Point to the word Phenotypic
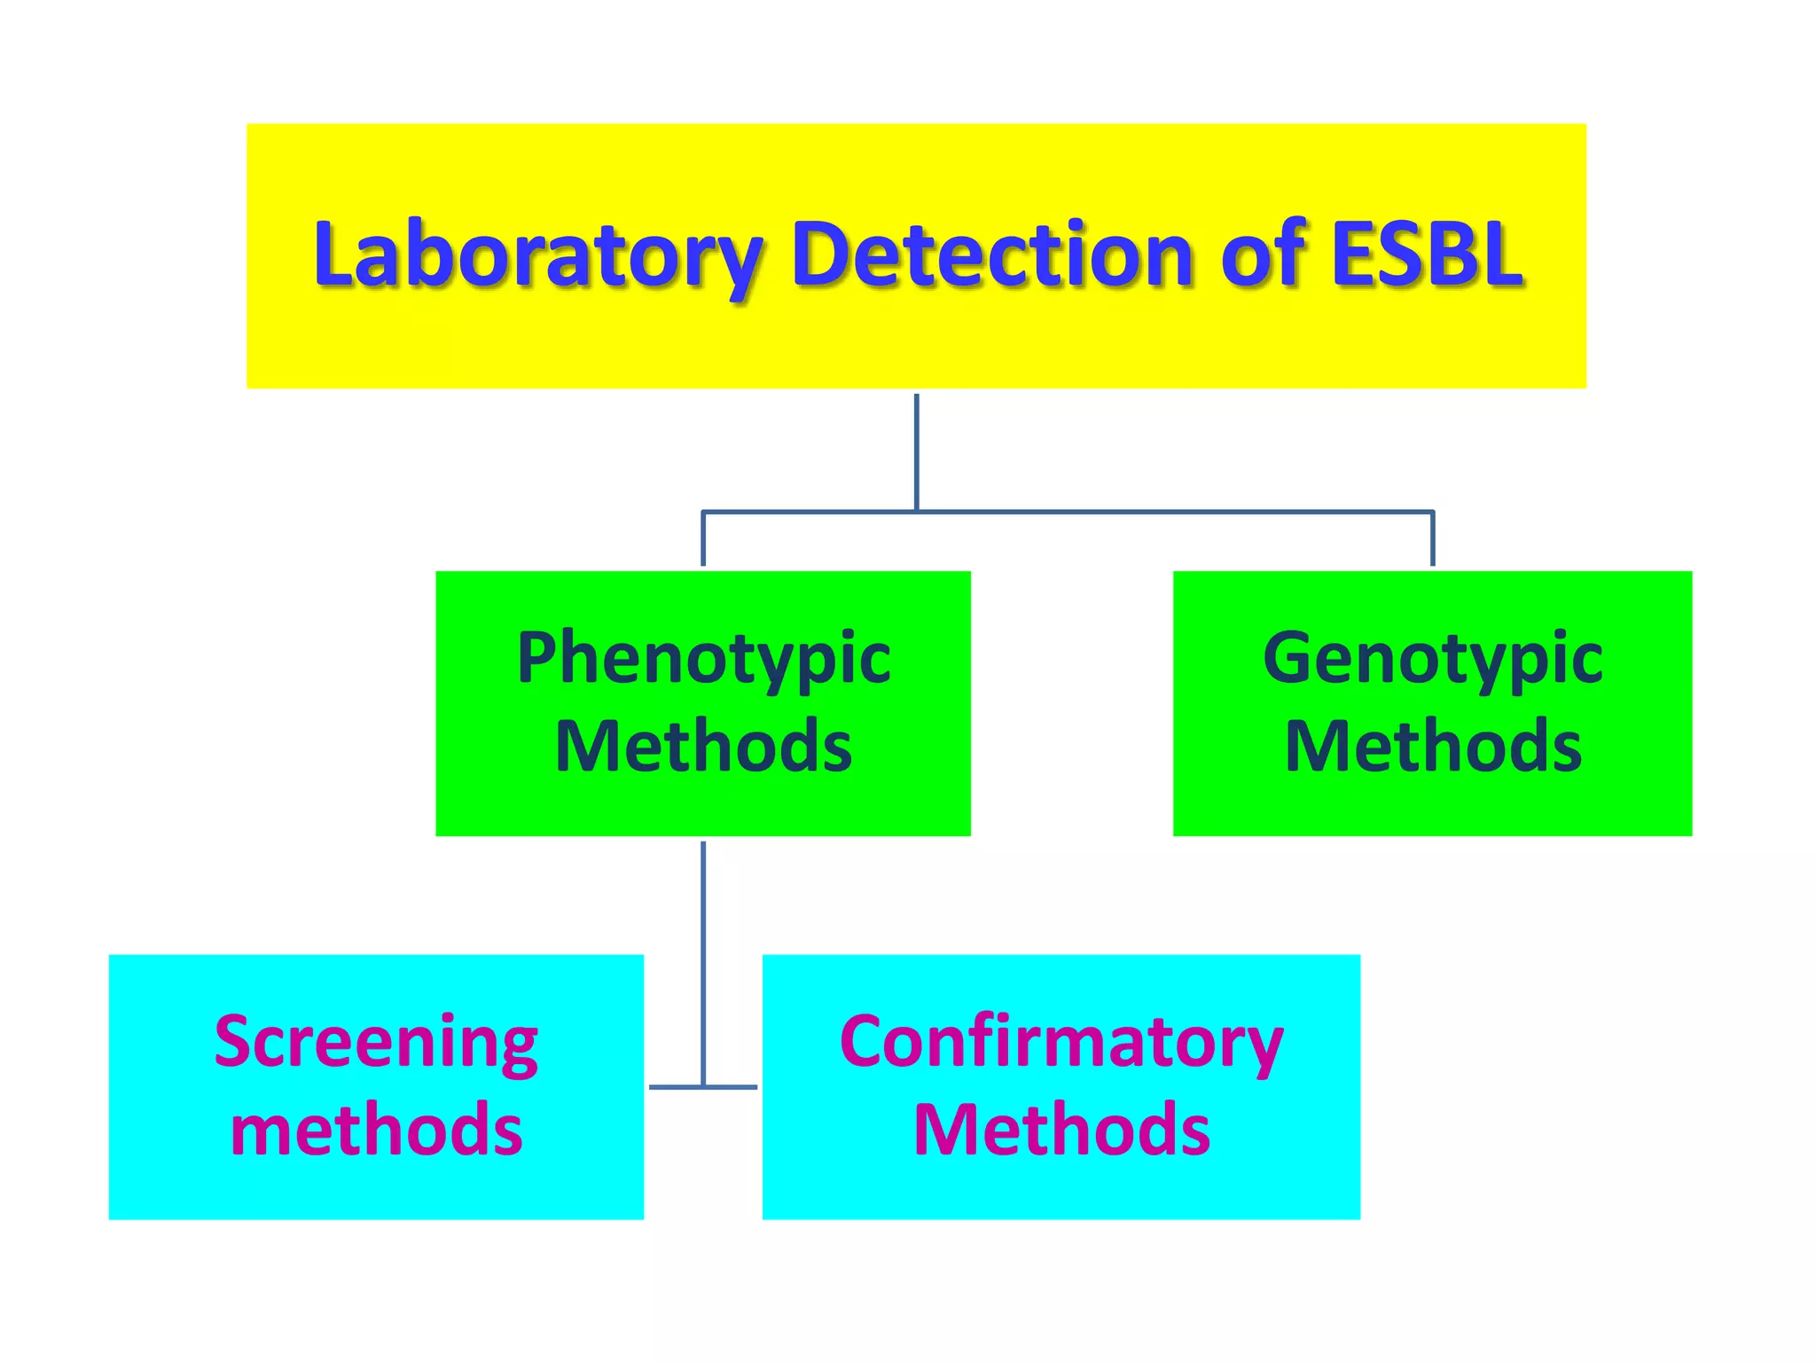pos(703,660)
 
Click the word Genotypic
pos(1432,660)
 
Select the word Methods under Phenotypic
pos(703,748)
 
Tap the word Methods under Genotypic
pos(1433,748)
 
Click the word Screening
pos(376,1043)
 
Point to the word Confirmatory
pos(1061,1043)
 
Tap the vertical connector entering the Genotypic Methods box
pos(1432,539)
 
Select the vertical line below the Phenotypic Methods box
pos(703,958)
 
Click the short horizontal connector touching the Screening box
pos(674,1086)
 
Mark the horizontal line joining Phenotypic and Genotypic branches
pos(1153,512)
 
